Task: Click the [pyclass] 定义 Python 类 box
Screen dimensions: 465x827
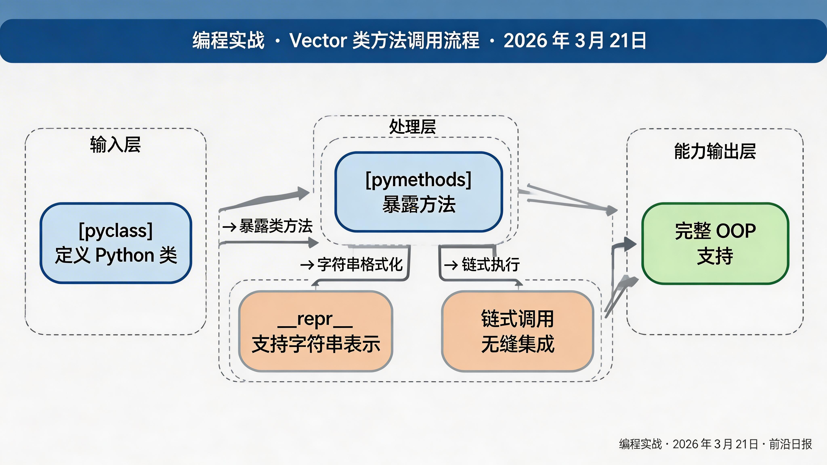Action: pos(115,243)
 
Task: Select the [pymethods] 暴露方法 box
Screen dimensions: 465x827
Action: pos(419,192)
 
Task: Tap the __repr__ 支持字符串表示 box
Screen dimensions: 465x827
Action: pos(316,331)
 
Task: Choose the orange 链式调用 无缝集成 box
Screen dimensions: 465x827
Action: pos(517,331)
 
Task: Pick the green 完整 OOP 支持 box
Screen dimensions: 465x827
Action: pos(715,243)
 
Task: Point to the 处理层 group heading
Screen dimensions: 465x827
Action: pos(412,126)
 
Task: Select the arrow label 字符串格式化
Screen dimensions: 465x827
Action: pos(360,265)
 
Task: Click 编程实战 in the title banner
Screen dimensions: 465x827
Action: pos(228,41)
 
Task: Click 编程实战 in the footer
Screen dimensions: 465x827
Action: pos(640,444)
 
